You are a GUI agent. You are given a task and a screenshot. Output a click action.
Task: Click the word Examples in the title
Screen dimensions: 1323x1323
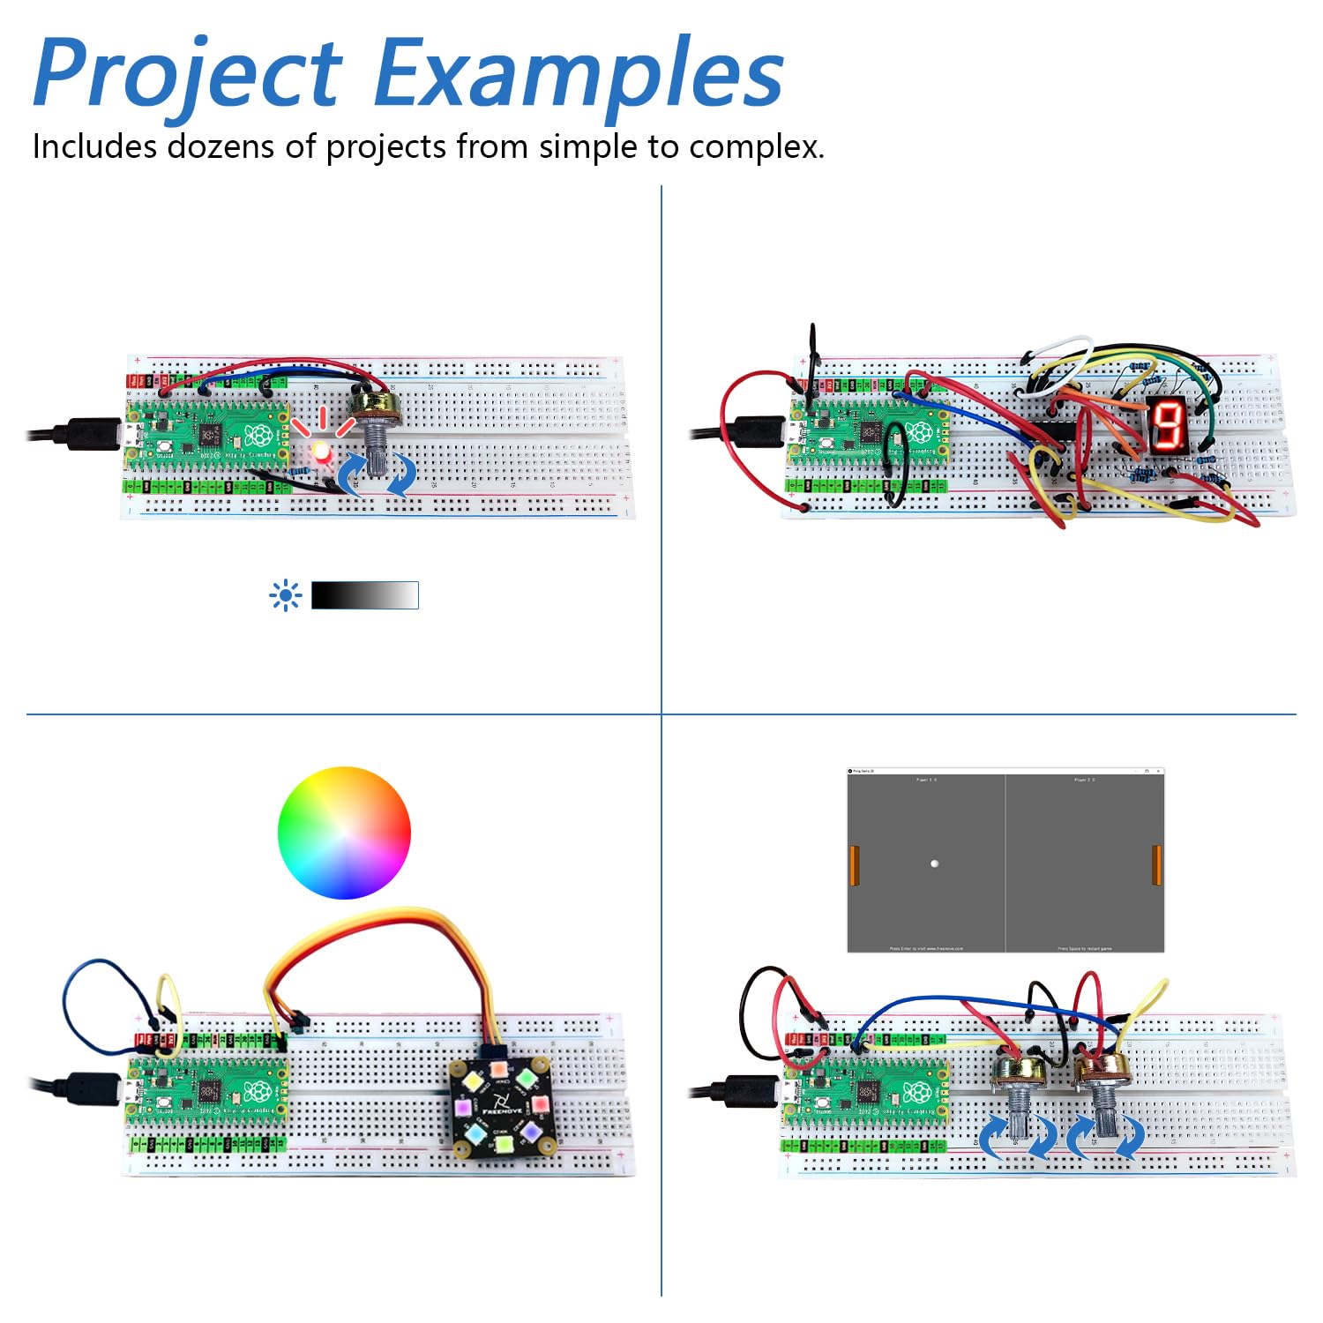pyautogui.click(x=578, y=75)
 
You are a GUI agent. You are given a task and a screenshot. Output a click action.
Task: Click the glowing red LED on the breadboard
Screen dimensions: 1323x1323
pyautogui.click(x=320, y=452)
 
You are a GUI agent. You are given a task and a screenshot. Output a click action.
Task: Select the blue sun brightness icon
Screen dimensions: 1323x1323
pyautogui.click(x=285, y=596)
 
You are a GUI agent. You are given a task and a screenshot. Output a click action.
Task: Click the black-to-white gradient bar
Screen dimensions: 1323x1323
pyautogui.click(x=364, y=595)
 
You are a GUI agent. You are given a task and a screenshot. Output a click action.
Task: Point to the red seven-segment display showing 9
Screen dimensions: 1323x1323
pyautogui.click(x=1170, y=425)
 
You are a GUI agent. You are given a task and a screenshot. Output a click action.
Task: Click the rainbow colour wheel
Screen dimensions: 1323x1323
pyautogui.click(x=344, y=833)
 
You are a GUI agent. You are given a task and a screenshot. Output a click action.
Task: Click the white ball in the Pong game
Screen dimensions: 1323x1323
pyautogui.click(x=934, y=863)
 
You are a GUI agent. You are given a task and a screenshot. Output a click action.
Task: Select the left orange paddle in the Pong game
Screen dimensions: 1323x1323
pyautogui.click(x=854, y=865)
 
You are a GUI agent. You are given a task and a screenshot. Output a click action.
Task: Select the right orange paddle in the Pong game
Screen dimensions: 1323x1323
pyautogui.click(x=1156, y=864)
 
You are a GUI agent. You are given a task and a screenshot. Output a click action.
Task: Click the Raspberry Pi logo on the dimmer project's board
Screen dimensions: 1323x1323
pyautogui.click(x=258, y=436)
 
